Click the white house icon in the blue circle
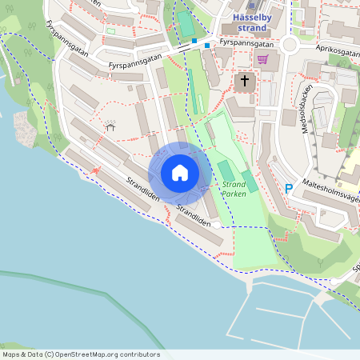point(179,173)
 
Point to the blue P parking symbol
point(289,189)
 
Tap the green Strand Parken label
point(234,189)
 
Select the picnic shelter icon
point(110,126)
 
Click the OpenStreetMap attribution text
point(80,354)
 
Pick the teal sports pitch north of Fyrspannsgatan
point(186,24)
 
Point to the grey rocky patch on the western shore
point(24,128)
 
